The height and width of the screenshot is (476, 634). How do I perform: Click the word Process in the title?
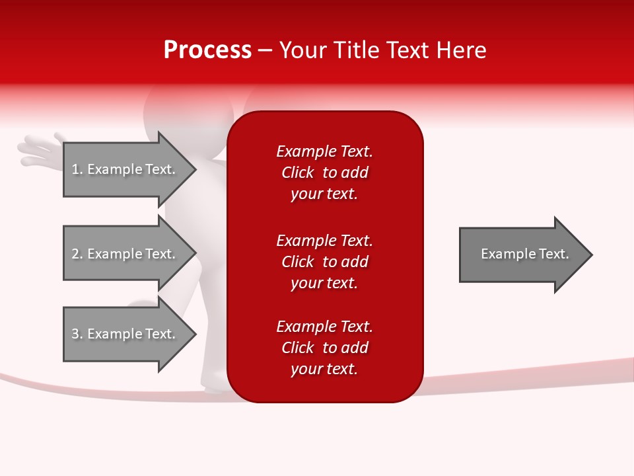pos(207,50)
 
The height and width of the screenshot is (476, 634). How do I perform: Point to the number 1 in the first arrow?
pos(75,169)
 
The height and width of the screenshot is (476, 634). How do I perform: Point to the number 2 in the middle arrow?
pos(75,254)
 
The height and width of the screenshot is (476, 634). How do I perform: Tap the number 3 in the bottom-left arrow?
pos(75,334)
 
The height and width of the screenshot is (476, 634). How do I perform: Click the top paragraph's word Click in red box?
pos(298,173)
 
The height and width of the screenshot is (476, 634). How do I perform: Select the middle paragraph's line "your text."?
pos(324,283)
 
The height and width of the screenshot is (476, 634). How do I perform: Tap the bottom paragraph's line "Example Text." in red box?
pos(324,327)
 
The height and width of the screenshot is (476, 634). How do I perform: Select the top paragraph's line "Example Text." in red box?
pos(324,151)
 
